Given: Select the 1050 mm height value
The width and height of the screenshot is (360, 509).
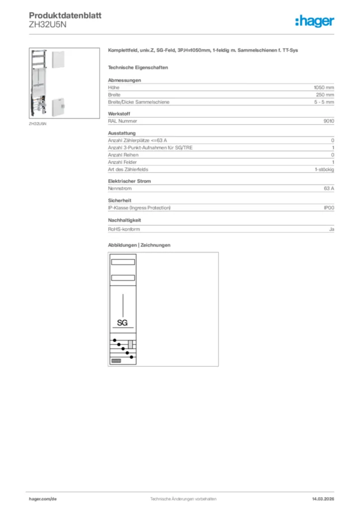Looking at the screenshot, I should point(324,87).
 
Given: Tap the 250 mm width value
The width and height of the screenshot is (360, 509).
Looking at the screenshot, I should point(325,94).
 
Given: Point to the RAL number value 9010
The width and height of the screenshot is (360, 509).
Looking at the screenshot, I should point(329,121).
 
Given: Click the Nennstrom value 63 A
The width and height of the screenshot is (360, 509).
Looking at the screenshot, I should point(329,188).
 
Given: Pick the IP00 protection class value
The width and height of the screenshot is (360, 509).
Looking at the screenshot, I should point(329,207).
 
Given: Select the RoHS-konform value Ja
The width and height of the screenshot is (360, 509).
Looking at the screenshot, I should point(331,229).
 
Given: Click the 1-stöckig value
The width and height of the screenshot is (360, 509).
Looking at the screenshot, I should point(324,170).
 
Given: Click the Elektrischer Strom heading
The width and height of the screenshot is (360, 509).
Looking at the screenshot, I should point(129,181).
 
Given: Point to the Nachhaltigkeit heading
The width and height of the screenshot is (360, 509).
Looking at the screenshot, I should point(124,220).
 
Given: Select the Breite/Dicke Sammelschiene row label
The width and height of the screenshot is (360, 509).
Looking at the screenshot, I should point(139,102).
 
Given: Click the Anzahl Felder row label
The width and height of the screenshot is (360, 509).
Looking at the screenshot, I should point(122,162).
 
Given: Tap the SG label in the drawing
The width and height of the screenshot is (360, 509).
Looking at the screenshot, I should point(122,323).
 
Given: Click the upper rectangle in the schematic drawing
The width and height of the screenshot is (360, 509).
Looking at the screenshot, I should point(123,262).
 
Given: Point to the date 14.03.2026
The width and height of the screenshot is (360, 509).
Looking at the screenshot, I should point(323,499).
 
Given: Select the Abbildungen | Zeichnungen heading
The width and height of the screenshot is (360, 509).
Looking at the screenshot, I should point(139,245).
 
